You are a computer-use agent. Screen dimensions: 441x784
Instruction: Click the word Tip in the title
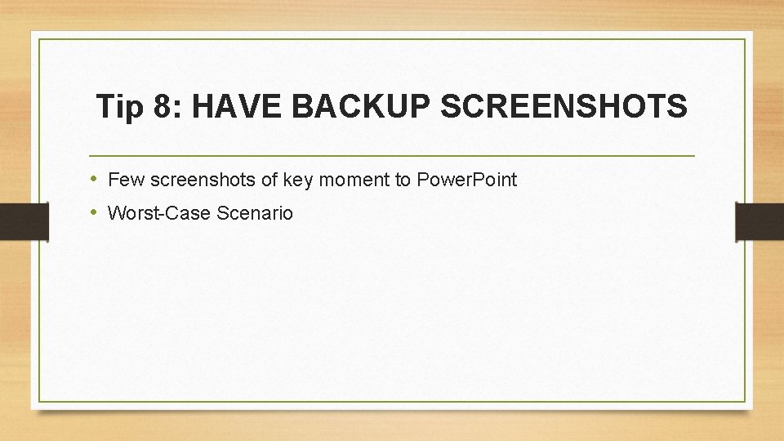pos(118,106)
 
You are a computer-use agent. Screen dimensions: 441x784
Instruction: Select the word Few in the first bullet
pos(123,180)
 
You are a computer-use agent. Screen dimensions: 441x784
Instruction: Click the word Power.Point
pos(466,180)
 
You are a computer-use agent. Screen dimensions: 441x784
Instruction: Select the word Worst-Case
pos(160,214)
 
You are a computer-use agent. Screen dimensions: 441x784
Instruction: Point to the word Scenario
pos(255,214)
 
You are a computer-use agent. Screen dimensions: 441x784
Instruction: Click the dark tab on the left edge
pos(24,221)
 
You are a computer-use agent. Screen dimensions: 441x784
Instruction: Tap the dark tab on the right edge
pos(759,221)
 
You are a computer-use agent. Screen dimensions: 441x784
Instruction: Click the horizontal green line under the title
pos(392,155)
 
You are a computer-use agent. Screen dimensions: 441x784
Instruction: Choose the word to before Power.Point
pos(403,180)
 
